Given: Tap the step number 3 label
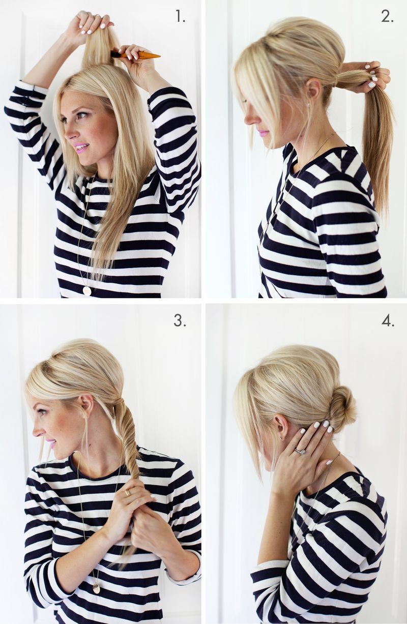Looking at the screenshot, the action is (x=180, y=321).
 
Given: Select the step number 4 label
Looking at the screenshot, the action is (x=388, y=321).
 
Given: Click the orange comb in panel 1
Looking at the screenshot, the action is (x=135, y=54).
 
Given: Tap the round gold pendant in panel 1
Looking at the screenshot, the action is (x=87, y=290).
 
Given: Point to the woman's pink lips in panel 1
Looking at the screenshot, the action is (x=83, y=147).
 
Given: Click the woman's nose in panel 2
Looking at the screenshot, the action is (x=249, y=120).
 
